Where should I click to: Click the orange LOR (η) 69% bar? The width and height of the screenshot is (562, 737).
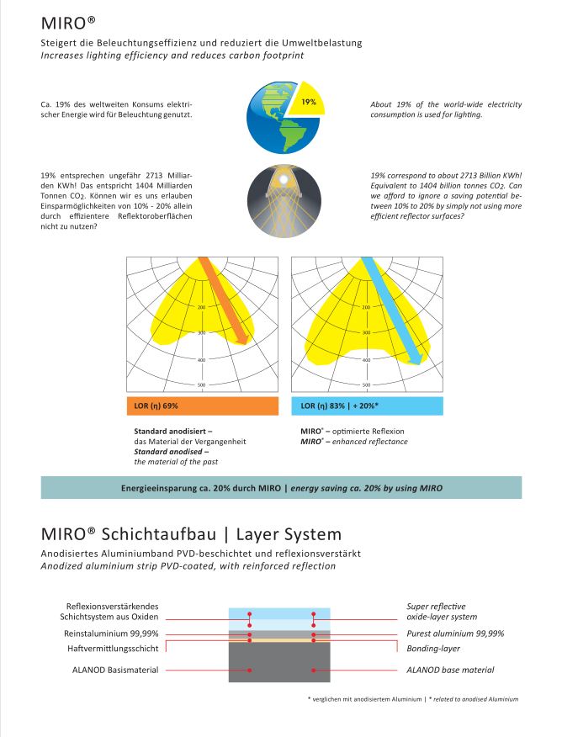202,406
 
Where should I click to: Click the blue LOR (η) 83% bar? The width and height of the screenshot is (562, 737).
368,406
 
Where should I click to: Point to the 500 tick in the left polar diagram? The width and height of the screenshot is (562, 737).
201,385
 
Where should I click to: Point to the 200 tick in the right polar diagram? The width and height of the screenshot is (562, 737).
367,307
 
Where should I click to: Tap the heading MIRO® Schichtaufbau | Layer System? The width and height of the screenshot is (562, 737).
191,534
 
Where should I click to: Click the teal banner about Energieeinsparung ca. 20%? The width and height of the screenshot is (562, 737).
281,488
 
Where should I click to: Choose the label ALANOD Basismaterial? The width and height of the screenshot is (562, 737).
119,670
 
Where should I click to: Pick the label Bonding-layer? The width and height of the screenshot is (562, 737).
432,649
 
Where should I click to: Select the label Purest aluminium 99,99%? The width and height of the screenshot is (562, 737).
454,633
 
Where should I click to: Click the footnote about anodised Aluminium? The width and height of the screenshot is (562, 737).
414,699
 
